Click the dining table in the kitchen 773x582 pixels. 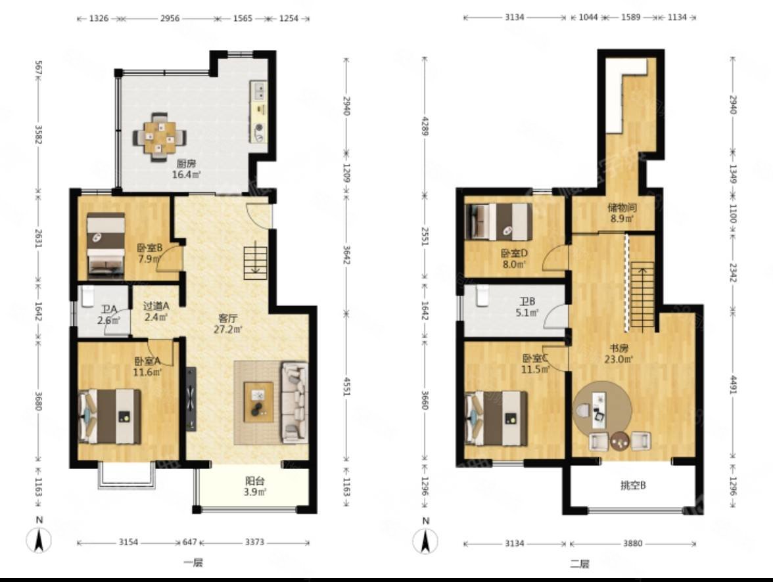159,137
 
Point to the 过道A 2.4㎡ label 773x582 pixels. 156,311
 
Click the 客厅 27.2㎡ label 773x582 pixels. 227,324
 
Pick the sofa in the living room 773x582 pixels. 294,401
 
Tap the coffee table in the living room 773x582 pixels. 258,401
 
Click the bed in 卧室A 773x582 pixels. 110,416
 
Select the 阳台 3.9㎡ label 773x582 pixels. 255,486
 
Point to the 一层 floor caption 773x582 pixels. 193,562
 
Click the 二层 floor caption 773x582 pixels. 580,563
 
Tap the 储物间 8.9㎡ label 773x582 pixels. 622,213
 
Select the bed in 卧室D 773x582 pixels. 499,222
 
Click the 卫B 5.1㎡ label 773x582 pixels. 527,307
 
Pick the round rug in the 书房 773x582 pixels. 602,409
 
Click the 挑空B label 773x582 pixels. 633,486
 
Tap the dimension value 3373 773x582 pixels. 254,542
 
